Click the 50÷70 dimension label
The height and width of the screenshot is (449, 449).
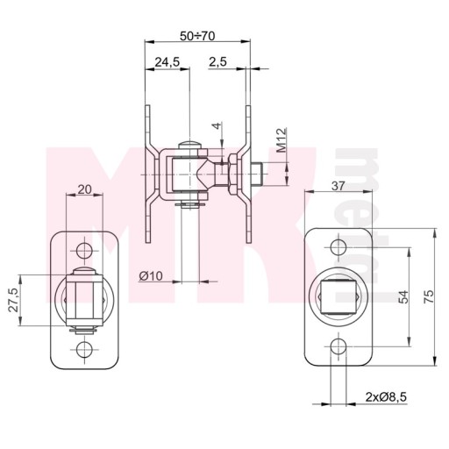[197, 36]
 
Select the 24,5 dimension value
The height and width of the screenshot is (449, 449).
[167, 62]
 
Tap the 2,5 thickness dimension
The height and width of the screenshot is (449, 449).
[217, 61]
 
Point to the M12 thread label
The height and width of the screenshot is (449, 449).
[282, 140]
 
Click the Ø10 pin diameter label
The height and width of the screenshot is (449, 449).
[151, 275]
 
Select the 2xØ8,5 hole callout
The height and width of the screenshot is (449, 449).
[386, 397]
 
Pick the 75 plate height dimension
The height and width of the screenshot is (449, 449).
[429, 296]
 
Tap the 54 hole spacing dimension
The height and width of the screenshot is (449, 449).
[403, 296]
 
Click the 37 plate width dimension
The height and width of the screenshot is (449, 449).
[339, 186]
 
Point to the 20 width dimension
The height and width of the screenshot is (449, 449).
[85, 189]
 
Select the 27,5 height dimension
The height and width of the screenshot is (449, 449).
[14, 300]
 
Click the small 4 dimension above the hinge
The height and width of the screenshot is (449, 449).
[217, 126]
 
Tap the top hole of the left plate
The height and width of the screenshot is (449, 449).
[84, 251]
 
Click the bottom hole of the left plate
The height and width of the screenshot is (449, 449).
[84, 349]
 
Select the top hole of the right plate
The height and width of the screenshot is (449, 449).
[339, 247]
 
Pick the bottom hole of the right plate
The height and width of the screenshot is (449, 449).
[339, 346]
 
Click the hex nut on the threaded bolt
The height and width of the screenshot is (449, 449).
[234, 175]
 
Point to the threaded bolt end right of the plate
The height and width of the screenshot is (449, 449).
[257, 175]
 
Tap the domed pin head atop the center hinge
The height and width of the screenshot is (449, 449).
[189, 146]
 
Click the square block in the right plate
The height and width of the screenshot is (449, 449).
[339, 296]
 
